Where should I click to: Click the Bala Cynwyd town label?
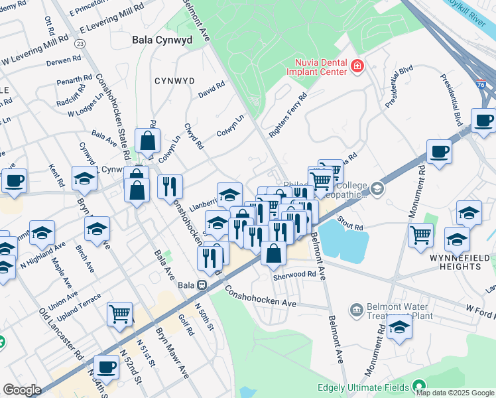tap(162, 40)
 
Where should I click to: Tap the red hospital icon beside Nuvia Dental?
tap(357, 66)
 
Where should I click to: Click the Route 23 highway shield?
tap(80, 43)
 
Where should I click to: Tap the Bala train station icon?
tap(201, 285)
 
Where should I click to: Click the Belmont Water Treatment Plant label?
tap(396, 312)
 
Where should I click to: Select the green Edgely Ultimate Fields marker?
tap(419, 385)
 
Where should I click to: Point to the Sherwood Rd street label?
tap(296, 274)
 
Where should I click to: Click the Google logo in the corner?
tap(22, 390)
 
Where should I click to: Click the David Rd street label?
tap(212, 89)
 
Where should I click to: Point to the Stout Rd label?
tap(349, 219)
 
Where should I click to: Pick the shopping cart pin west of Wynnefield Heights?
tap(421, 235)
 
